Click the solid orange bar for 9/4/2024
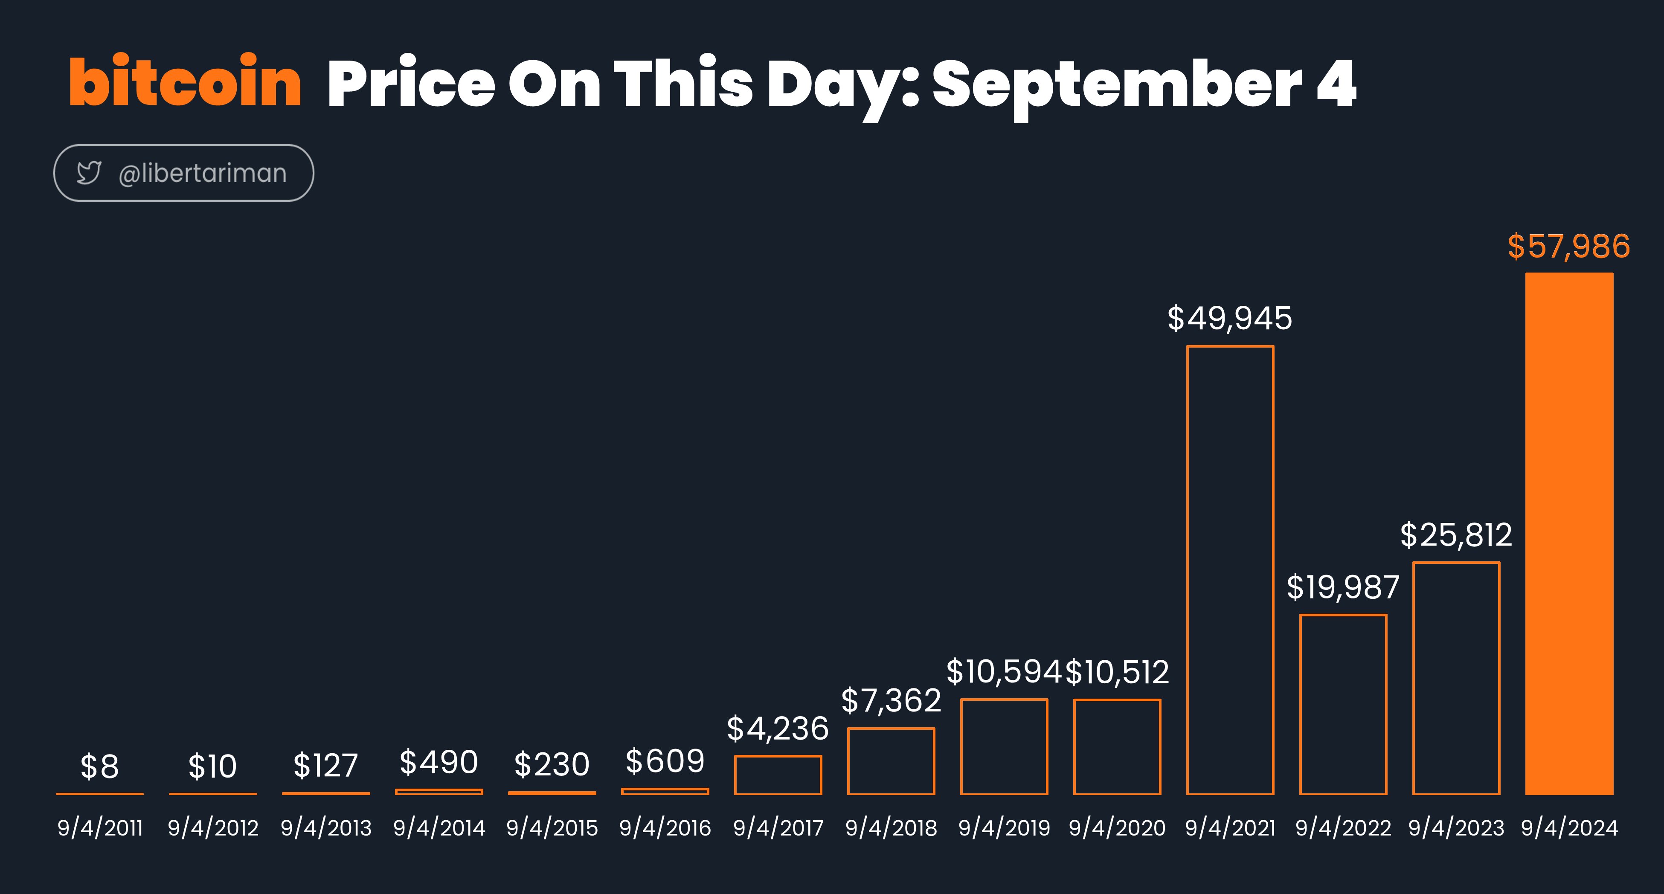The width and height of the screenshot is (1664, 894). (x=1569, y=534)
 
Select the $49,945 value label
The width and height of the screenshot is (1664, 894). (x=1229, y=319)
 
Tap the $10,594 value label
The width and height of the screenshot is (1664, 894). (x=1004, y=672)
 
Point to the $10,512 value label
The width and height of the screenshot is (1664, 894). (x=1117, y=673)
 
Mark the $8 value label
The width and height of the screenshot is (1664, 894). (x=99, y=767)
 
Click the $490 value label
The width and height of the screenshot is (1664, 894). (x=439, y=762)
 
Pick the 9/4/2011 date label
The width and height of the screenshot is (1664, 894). (x=100, y=828)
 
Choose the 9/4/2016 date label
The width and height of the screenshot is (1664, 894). (x=665, y=828)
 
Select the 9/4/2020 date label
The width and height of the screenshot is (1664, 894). (x=1117, y=828)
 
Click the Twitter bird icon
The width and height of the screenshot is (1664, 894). (x=89, y=172)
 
